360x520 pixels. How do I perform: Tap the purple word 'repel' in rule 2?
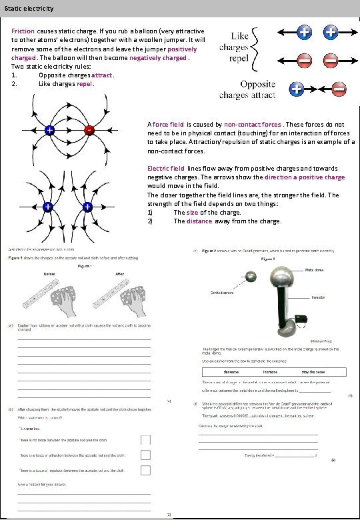click(x=85, y=85)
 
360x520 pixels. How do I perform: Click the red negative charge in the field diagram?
click(x=88, y=131)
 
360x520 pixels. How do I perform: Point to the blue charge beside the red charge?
click(x=49, y=131)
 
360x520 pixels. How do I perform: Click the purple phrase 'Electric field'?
click(x=166, y=169)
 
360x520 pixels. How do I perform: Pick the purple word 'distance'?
click(x=199, y=221)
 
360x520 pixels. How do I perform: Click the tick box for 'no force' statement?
click(x=145, y=440)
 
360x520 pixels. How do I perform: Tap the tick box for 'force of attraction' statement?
click(x=145, y=455)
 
